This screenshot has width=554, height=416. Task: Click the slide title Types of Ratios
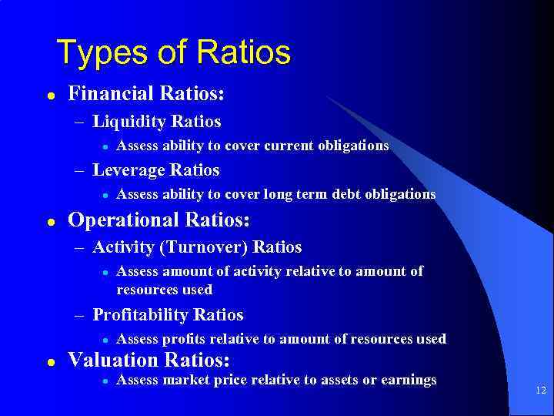tap(174, 52)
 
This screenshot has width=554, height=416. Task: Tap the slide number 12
tap(540, 391)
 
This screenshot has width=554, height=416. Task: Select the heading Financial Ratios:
tap(146, 94)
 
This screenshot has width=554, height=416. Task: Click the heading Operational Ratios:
tap(159, 220)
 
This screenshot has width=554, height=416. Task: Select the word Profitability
tap(141, 315)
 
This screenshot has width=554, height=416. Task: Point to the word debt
tap(342, 194)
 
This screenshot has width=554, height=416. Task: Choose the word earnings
tap(407, 379)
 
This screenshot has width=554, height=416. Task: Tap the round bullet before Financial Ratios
tap(50, 95)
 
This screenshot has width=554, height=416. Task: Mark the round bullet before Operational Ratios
tap(50, 220)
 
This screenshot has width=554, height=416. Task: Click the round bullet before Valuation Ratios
tap(50, 361)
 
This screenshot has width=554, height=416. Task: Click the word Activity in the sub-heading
tap(121, 247)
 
